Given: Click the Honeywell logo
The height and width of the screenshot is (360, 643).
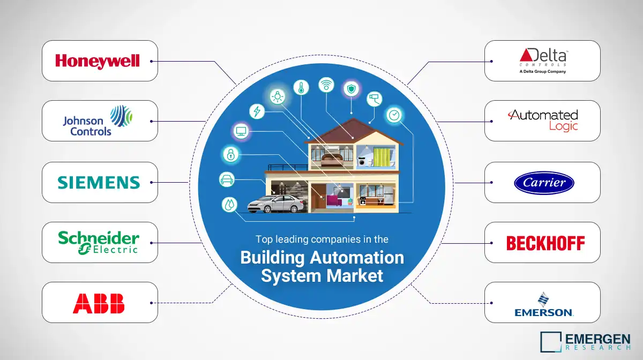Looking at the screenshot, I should pos(98,61).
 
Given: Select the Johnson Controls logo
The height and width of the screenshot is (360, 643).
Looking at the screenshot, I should pos(98,121).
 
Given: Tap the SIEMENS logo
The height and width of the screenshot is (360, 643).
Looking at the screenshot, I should pos(99,182).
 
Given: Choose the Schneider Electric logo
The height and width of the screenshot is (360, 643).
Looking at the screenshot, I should pos(99,242).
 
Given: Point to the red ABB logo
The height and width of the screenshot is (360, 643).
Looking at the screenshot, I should pos(99,303).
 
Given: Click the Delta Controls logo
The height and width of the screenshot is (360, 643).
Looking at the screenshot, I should pos(542,60).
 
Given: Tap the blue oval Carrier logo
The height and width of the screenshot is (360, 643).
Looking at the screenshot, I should pos(544,183).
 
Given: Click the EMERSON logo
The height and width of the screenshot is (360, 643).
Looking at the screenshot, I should pos(544,304).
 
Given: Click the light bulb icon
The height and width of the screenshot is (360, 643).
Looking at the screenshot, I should pos(277,96).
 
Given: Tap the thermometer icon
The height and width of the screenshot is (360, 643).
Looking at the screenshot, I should pos(301,88).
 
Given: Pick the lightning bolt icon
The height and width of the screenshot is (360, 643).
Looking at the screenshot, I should pos(257,111).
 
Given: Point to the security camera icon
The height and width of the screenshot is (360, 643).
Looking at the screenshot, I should pos(374,99).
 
